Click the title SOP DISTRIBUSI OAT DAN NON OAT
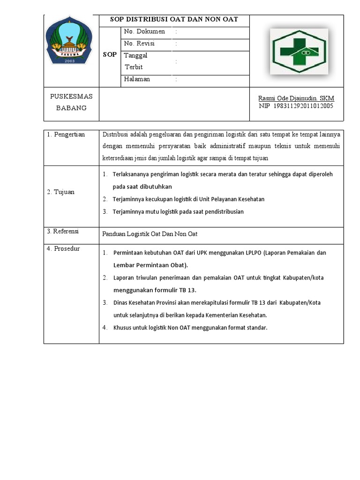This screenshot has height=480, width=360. tap(174, 20)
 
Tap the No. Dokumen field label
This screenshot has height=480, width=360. tap(144, 32)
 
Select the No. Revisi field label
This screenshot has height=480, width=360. tap(139, 44)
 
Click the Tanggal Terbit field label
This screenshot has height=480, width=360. tap(135, 61)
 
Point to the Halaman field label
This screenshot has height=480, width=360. tap(137, 79)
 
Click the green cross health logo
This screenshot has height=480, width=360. tap(300, 51)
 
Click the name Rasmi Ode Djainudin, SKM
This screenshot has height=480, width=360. tap(296, 98)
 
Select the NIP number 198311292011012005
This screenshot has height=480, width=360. tap(296, 106)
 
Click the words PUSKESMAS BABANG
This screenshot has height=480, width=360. tap(71, 102)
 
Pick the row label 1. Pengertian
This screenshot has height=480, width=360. tap(66, 135)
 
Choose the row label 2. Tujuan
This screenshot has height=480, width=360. tap(60, 192)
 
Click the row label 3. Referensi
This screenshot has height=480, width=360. tap(63, 232)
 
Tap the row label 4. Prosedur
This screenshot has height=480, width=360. tap(63, 249)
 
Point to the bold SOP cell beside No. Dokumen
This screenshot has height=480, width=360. tap(110, 55)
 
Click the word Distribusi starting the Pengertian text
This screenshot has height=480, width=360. tap(115, 135)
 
